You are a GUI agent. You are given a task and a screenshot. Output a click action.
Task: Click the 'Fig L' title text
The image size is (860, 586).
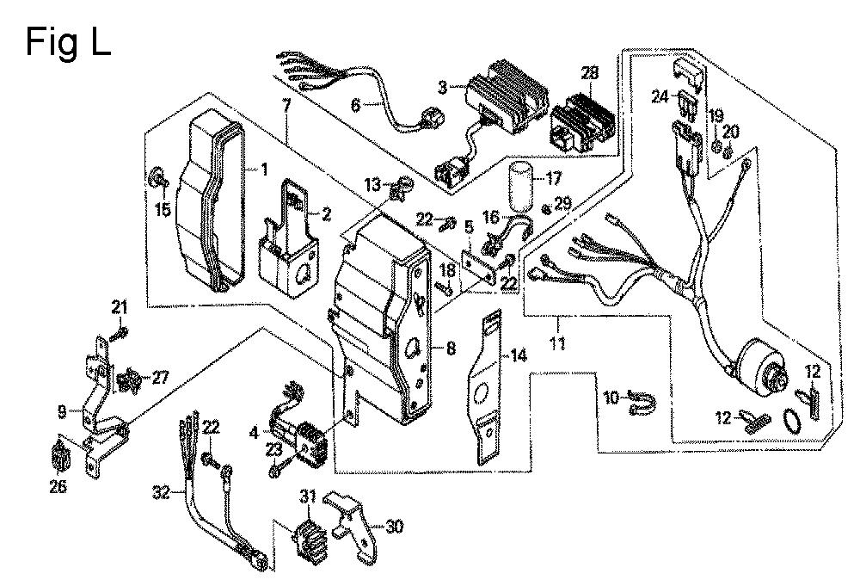pos(67,40)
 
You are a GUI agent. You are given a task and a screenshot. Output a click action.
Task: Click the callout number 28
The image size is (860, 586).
pos(589,74)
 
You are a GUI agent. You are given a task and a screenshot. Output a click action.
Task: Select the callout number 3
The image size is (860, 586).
pos(443,87)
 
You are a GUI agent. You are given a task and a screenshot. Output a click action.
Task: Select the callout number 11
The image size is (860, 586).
pos(559,324)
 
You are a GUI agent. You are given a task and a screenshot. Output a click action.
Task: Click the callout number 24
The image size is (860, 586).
pos(660,97)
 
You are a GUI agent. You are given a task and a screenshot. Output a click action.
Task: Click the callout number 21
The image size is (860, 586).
pos(120,307)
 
